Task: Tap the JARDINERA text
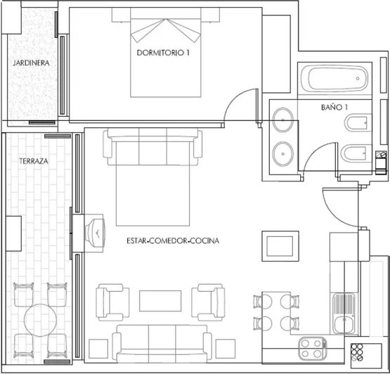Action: [30, 63]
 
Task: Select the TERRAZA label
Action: [34, 161]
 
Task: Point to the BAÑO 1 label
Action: [334, 108]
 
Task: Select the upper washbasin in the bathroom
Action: [283, 120]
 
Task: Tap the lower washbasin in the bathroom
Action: [283, 151]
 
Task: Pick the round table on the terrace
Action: [41, 320]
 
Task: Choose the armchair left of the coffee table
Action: [113, 301]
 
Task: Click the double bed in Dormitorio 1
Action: [167, 60]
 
